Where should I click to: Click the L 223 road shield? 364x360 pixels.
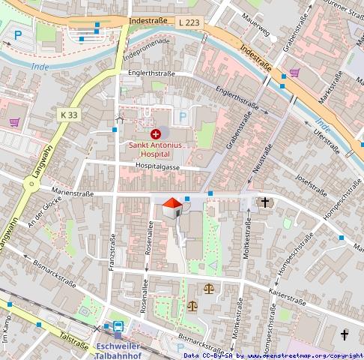189,23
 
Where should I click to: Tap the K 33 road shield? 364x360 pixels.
68,115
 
